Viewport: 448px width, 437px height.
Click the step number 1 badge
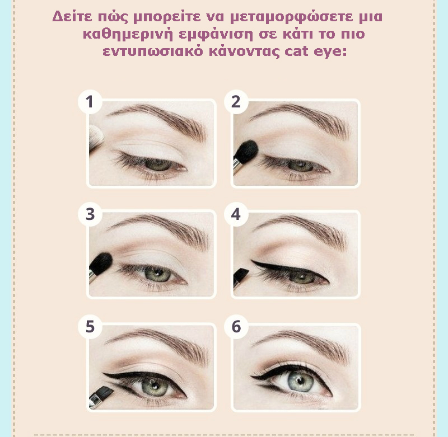[90, 102]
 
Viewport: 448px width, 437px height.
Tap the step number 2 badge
[236, 102]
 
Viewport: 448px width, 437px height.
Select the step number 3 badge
[90, 214]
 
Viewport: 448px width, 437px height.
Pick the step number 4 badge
[236, 214]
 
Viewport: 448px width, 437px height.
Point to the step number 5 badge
[90, 327]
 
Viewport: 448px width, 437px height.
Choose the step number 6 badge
[236, 327]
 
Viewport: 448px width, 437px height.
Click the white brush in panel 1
[96, 138]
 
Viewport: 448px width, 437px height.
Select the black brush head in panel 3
[101, 263]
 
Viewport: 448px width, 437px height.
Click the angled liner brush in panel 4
[241, 277]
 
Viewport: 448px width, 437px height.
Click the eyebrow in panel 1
[159, 119]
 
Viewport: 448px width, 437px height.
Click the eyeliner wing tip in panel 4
[251, 261]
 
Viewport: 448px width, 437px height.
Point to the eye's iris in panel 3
[157, 274]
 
